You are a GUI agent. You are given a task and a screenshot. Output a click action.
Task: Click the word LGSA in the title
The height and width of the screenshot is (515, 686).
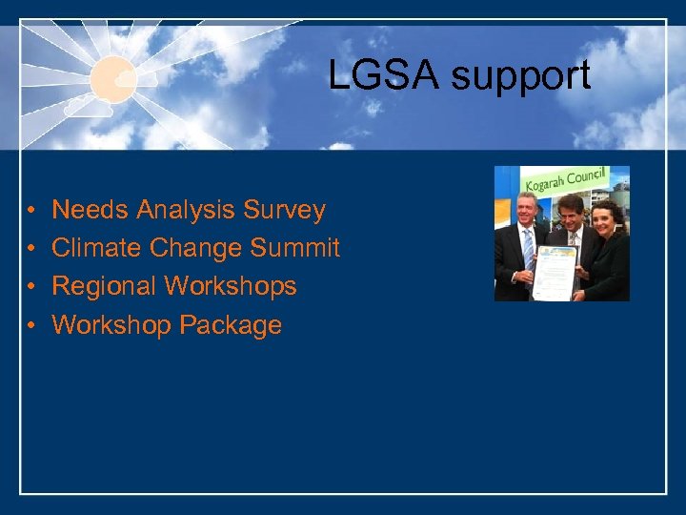click(384, 75)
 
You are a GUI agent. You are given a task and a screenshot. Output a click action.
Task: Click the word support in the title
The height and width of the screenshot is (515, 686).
click(521, 77)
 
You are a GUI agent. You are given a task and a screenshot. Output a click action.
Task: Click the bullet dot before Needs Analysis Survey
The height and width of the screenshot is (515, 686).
click(31, 211)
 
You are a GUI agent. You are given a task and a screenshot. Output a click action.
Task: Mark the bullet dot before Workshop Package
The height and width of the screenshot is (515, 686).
click(31, 326)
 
